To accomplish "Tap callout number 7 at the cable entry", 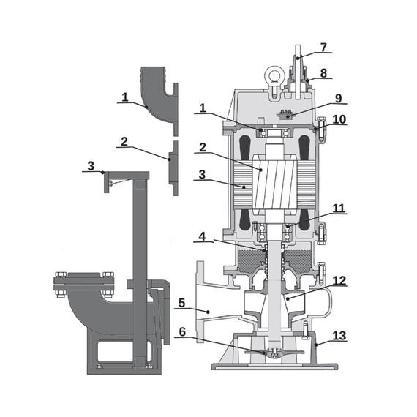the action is tap(323, 48).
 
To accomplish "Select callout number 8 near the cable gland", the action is tap(323, 73).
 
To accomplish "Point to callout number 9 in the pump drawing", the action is tap(338, 99).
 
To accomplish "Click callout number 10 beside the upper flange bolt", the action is tap(339, 119).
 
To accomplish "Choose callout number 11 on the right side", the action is tap(339, 209).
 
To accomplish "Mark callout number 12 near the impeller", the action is tap(339, 281).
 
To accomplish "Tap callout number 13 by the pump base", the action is tap(339, 336).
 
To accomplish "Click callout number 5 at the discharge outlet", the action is tap(181, 303).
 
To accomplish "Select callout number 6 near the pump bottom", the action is tap(182, 331).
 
